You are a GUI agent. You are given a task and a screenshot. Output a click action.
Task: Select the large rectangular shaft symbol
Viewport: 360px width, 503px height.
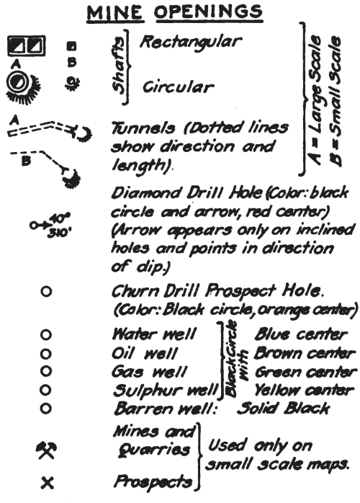pyautogui.click(x=27, y=48)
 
